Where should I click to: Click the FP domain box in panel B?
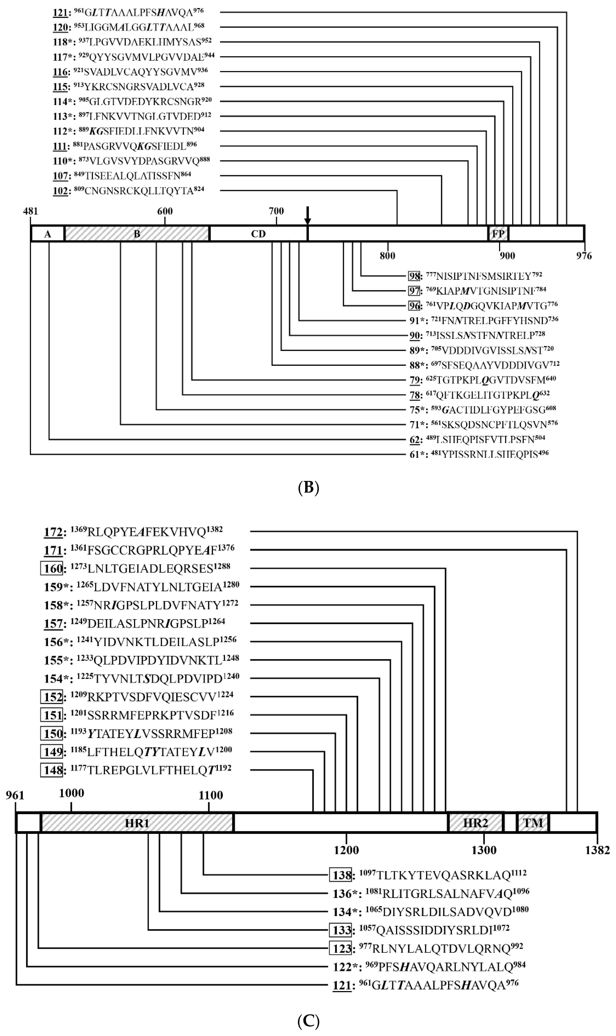click(x=498, y=234)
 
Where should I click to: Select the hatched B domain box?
click(x=137, y=234)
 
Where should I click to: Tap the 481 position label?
click(x=30, y=211)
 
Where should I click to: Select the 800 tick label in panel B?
click(x=387, y=256)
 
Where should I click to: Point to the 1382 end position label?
click(x=597, y=850)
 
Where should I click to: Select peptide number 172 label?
click(x=53, y=532)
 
